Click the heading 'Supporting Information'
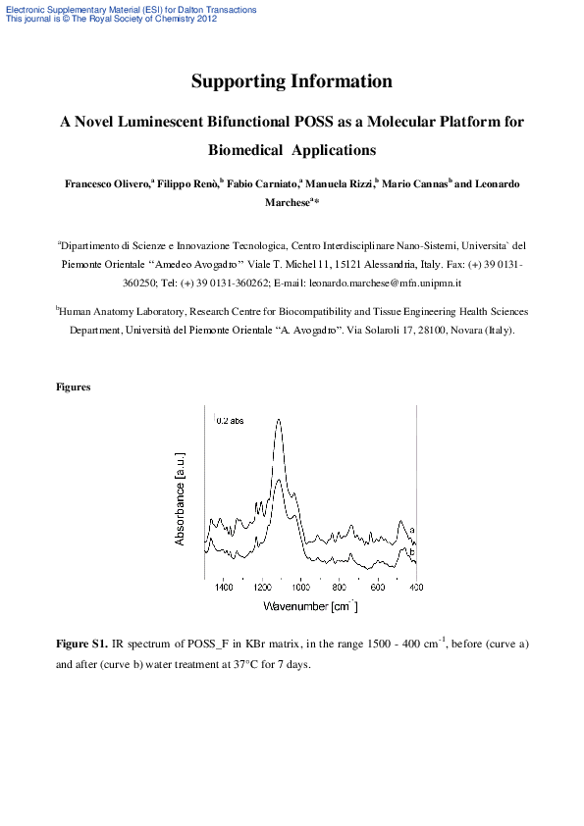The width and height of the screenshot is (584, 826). point(292,81)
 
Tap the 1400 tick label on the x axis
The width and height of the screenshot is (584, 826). point(224,588)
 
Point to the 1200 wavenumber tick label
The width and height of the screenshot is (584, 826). point(262,588)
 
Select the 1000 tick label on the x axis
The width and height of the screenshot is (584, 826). point(300,588)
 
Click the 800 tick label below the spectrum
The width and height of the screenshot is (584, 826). point(340,588)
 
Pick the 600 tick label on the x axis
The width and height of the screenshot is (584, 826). point(378,588)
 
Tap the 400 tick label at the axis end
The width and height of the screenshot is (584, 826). point(415,588)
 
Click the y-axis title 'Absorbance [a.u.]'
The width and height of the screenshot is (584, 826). point(181,499)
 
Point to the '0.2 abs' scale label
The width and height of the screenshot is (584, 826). point(231,420)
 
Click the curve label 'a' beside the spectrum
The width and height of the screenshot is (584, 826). point(412,530)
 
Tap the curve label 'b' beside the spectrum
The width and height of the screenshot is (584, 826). point(412,553)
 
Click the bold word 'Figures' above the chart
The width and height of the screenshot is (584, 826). point(74,387)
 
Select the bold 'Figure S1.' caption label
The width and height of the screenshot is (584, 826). point(81,645)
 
